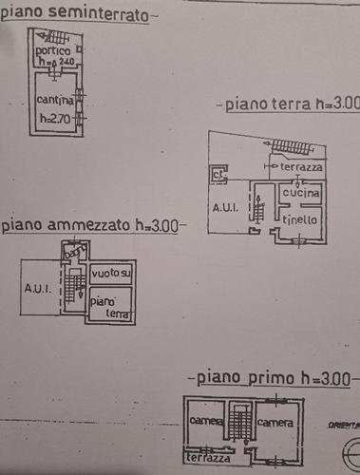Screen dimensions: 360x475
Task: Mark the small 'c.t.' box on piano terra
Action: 218,174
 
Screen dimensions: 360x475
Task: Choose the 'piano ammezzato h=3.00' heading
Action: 92,226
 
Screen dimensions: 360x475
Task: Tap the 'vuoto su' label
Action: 111,274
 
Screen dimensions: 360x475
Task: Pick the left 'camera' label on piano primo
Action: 204,421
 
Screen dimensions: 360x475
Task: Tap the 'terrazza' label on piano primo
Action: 208,458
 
